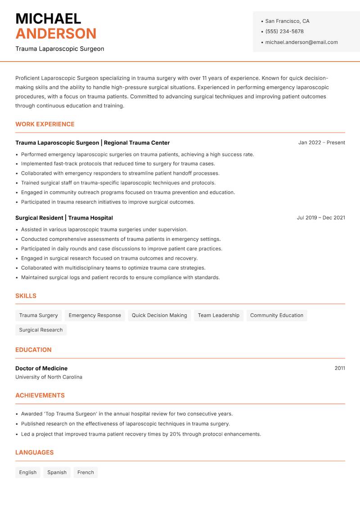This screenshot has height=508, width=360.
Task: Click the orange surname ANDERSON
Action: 56,34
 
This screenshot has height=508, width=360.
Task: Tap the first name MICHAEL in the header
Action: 48,19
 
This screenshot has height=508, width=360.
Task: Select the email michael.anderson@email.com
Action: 301,42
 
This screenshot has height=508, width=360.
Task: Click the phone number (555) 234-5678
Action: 284,31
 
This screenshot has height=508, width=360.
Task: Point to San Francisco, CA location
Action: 287,21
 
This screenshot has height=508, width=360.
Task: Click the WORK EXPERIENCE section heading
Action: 45,124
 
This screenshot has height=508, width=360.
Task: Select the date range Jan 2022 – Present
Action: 321,143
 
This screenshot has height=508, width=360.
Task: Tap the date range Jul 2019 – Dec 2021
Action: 321,218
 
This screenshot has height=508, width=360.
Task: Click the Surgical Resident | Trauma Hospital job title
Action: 64,218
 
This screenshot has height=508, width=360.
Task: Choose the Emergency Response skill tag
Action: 94,316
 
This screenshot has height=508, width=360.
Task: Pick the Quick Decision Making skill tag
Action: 159,316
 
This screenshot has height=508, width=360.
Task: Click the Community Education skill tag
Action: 276,316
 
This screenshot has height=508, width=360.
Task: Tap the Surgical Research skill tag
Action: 41,330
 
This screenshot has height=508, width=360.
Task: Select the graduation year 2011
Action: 340,368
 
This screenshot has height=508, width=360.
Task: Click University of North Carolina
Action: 49,377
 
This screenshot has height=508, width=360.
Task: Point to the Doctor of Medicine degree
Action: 41,369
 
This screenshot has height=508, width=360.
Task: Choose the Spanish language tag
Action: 57,472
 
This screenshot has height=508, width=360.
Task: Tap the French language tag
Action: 85,472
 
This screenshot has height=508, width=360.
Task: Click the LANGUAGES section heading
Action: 34,453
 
